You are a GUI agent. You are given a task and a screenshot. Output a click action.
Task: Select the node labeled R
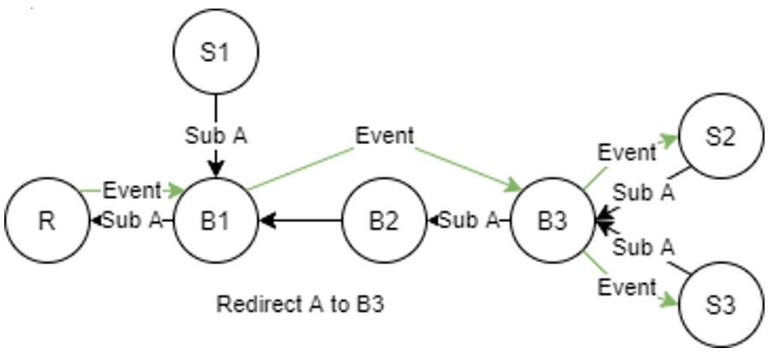[x=46, y=221]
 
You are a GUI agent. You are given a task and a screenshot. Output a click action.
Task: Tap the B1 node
[x=215, y=221]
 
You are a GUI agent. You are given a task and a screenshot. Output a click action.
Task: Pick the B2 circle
[x=384, y=221]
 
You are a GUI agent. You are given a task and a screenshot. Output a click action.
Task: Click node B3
[x=553, y=221]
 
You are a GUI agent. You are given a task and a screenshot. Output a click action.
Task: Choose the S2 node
[x=721, y=136]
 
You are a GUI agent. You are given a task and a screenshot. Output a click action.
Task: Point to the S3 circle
[x=721, y=306]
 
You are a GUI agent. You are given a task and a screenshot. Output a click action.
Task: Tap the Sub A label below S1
[x=215, y=135]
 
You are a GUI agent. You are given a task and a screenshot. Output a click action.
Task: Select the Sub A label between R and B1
[x=132, y=221]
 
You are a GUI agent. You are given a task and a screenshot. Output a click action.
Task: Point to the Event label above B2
[x=384, y=135]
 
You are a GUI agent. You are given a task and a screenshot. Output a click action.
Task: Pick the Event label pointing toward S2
[x=627, y=153]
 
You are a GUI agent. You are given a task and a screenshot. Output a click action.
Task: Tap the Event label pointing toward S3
[x=627, y=286]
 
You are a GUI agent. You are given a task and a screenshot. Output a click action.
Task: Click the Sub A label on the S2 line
[x=645, y=192]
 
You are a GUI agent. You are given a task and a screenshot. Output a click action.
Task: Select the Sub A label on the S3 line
[x=645, y=249]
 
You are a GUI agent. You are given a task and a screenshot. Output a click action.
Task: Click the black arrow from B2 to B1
[x=304, y=221]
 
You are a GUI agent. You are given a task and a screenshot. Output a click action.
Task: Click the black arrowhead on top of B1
[x=215, y=167]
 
